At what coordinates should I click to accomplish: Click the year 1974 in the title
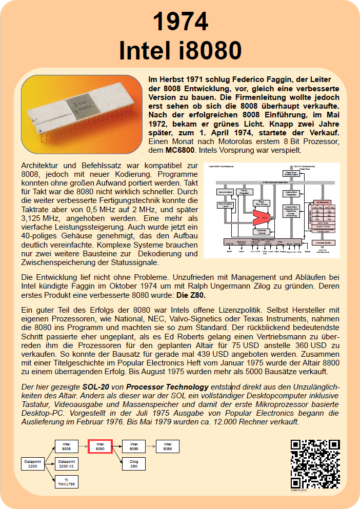click(180, 22)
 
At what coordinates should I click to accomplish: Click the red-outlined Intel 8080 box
click(100, 446)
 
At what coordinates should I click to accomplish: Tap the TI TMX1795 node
click(67, 482)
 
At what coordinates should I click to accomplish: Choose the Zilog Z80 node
click(134, 464)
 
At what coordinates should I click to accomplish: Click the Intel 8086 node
click(167, 446)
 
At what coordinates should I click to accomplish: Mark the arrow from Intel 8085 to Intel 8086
click(151, 446)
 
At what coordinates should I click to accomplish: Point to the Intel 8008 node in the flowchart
click(67, 446)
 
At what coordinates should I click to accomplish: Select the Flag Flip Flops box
click(261, 203)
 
